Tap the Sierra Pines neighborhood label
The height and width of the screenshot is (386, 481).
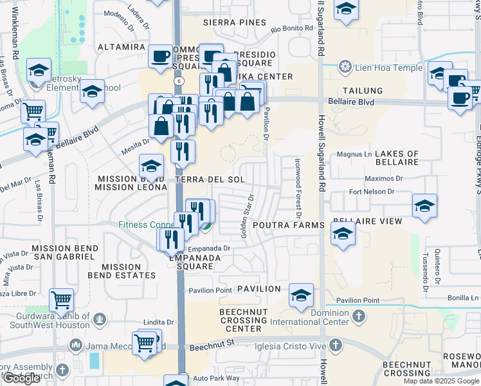coord(234,23)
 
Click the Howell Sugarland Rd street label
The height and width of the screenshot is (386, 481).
coord(320,129)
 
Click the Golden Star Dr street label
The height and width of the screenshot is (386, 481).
coord(248,216)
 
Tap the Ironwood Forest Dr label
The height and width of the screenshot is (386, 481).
coord(298,188)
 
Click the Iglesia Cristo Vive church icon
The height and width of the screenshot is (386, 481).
coord(334,345)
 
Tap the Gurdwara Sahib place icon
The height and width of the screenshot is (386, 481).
coord(98,318)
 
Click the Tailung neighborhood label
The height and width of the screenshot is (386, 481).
coord(363,91)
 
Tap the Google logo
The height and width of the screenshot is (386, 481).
coord(21,378)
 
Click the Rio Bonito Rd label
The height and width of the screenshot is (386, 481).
coord(291,28)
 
